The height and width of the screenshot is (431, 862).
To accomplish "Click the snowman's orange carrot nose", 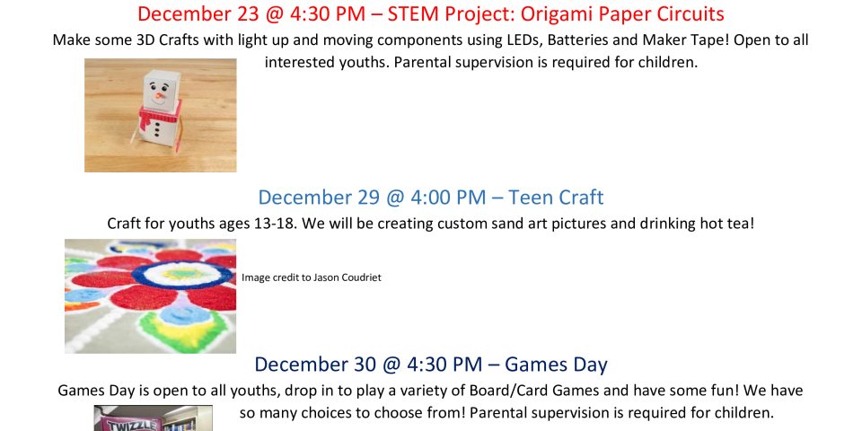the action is click(160, 96).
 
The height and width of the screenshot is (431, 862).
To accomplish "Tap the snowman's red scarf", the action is click(160, 117).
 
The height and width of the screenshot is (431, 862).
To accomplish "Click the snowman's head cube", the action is click(161, 90).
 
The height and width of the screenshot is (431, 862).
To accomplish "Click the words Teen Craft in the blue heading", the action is click(555, 198).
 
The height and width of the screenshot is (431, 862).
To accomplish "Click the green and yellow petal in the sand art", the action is click(181, 329).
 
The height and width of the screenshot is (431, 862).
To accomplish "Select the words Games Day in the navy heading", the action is click(556, 365).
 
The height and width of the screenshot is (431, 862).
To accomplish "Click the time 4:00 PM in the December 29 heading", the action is click(447, 198).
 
